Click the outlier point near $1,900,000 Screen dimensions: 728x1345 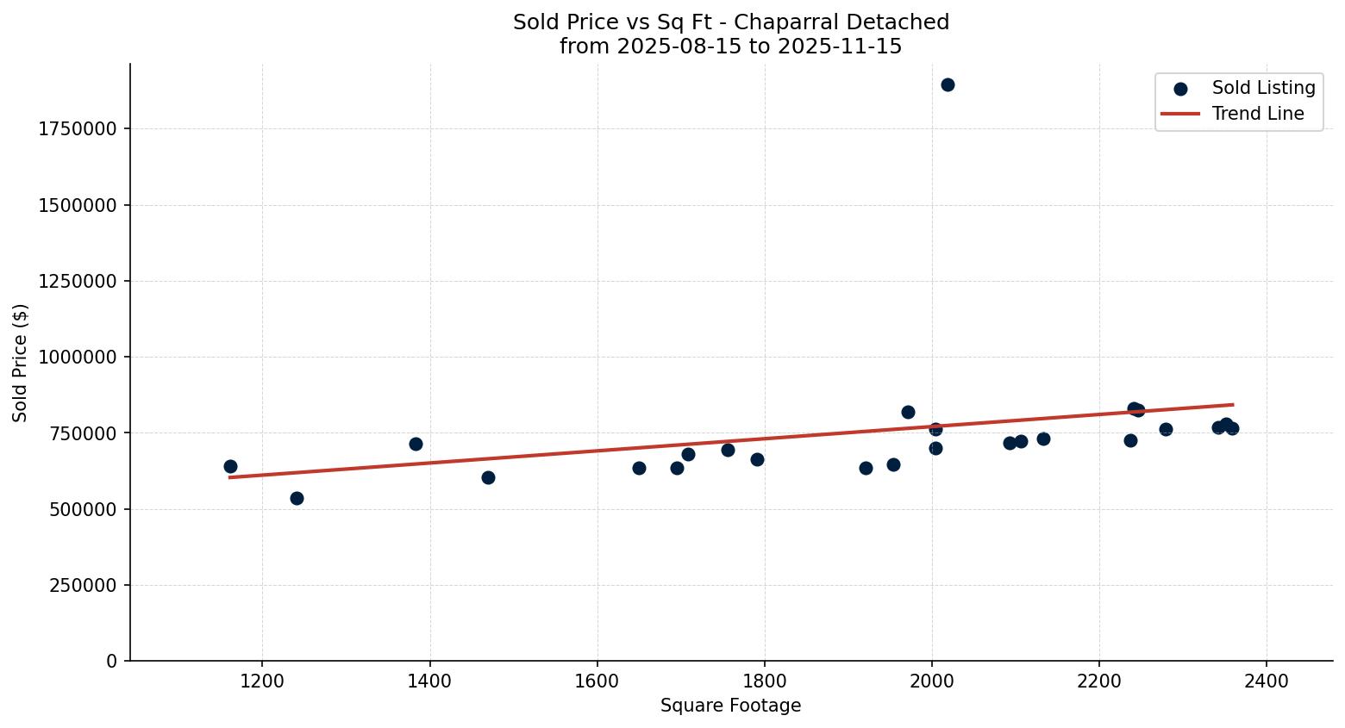(948, 84)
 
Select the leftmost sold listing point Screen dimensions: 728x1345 (230, 466)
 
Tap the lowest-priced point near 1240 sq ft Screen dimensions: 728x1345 (297, 498)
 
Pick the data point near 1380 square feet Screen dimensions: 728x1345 (416, 444)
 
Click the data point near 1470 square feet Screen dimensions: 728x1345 (488, 477)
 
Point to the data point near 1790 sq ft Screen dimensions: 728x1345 (757, 459)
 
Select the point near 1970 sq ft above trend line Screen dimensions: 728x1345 (908, 412)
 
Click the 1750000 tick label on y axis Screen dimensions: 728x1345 (77, 129)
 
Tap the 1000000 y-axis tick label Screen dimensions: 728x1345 (77, 357)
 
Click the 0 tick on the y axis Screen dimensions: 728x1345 (111, 661)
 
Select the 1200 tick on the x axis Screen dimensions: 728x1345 (262, 681)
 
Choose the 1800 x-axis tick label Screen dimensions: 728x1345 (765, 681)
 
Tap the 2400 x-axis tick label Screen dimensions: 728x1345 (1267, 681)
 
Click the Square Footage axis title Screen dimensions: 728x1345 (730, 706)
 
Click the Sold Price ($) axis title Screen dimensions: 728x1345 (21, 363)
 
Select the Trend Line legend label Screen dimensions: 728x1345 (1258, 114)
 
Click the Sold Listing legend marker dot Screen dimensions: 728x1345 (1180, 89)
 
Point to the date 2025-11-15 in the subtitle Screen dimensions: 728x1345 (840, 47)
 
